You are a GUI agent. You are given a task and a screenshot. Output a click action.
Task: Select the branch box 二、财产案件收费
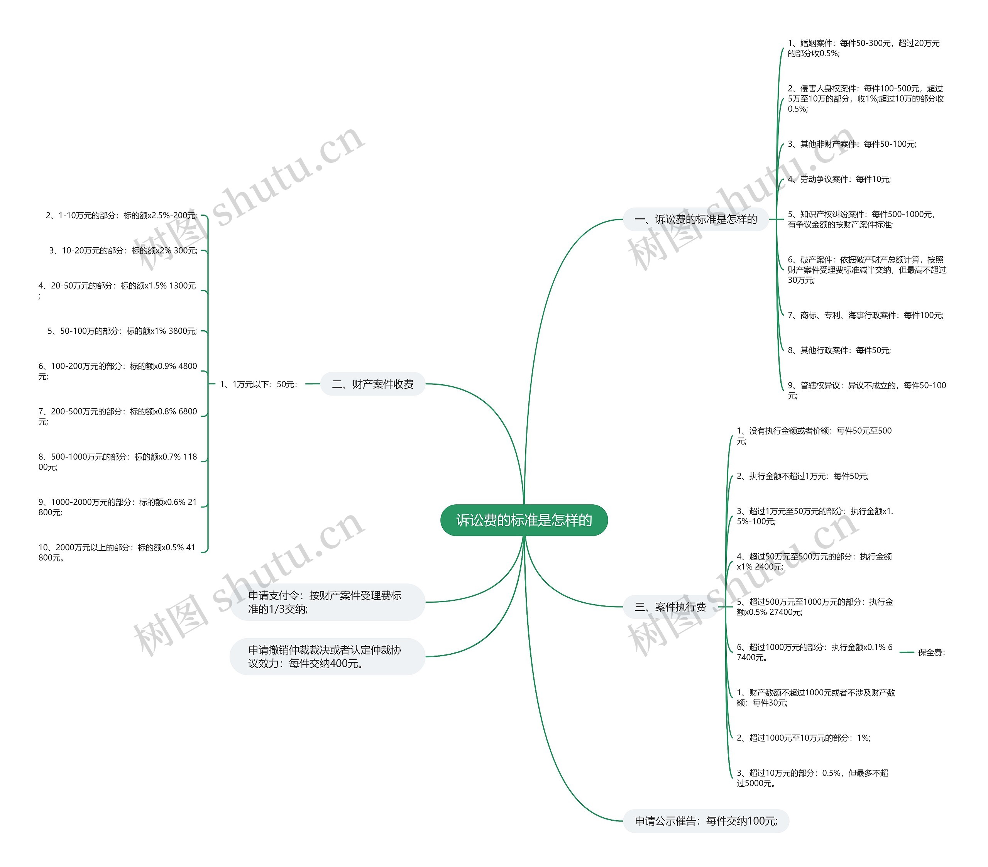373,384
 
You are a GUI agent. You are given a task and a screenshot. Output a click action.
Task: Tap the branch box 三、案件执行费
670,607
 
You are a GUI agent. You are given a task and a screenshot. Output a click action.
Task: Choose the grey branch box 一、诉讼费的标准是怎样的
695,220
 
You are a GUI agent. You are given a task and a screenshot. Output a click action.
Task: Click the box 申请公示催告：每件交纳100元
706,821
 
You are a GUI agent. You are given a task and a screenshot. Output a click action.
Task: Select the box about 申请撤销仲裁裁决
327,656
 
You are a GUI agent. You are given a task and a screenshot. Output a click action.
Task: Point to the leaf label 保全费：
931,652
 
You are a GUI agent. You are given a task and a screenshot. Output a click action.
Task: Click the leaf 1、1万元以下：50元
259,384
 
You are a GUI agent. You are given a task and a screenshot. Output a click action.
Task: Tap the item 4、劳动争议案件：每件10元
839,179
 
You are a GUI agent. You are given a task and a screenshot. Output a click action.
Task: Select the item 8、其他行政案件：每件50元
839,350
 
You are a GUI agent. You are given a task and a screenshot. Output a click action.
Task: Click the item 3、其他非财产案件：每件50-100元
852,144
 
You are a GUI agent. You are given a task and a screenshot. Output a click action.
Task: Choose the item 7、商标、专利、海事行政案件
865,315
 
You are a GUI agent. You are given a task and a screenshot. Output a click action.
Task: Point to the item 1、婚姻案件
863,48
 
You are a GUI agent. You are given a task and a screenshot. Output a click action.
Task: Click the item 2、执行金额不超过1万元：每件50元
802,476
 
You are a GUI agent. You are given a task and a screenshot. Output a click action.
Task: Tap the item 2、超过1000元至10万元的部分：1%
804,738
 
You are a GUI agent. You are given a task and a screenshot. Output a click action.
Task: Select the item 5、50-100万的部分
122,331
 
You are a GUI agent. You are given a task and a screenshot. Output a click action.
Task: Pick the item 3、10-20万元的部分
123,250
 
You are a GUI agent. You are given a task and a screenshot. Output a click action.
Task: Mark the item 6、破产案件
867,270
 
